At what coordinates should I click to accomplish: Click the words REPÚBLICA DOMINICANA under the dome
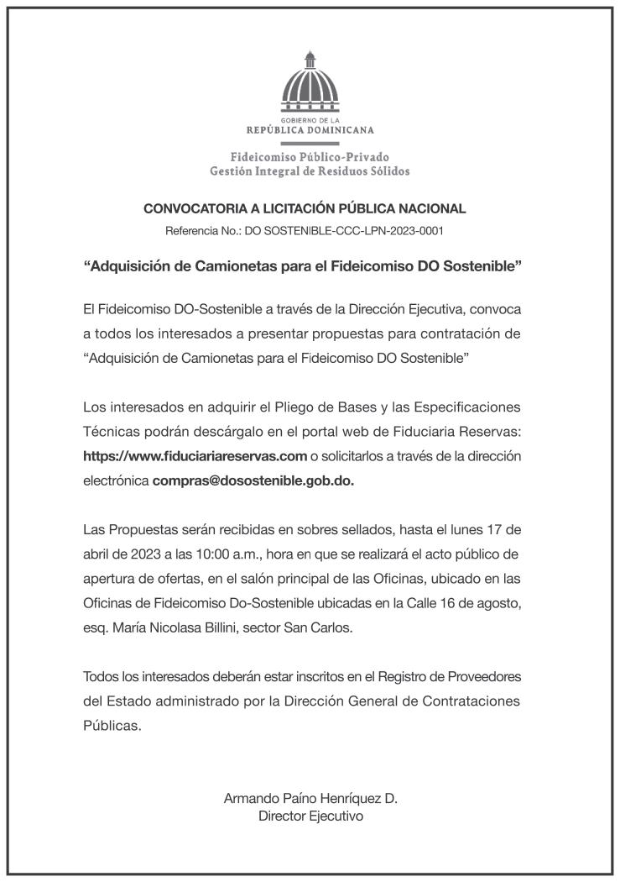tap(310, 130)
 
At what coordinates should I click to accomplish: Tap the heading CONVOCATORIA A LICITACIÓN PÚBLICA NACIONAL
tap(305, 209)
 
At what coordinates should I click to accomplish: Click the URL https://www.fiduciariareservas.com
tap(195, 456)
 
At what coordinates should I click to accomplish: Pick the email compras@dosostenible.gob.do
tap(253, 481)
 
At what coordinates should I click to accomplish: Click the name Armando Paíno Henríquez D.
tap(310, 799)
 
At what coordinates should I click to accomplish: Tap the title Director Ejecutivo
tap(310, 816)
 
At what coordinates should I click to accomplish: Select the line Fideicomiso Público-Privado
tap(310, 157)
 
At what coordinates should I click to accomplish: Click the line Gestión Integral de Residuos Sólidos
tap(310, 172)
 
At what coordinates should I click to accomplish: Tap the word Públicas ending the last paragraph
tap(112, 727)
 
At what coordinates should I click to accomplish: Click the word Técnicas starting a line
tap(110, 432)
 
